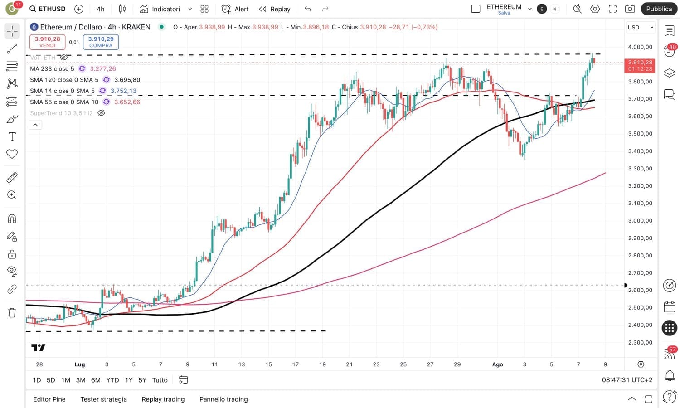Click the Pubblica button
click(659, 9)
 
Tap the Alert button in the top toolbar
click(235, 9)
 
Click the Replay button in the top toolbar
click(275, 9)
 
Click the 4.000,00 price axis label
click(640, 47)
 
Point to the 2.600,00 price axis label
click(640, 290)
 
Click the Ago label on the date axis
click(497, 364)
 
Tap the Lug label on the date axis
click(80, 364)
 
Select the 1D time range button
click(37, 380)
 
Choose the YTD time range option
click(112, 380)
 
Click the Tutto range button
click(160, 380)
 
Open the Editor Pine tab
click(49, 399)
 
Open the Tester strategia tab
click(103, 399)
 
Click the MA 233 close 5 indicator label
click(52, 68)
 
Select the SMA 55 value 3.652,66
click(127, 102)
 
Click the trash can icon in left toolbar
click(12, 313)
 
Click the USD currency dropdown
click(640, 27)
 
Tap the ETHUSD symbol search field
click(48, 9)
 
